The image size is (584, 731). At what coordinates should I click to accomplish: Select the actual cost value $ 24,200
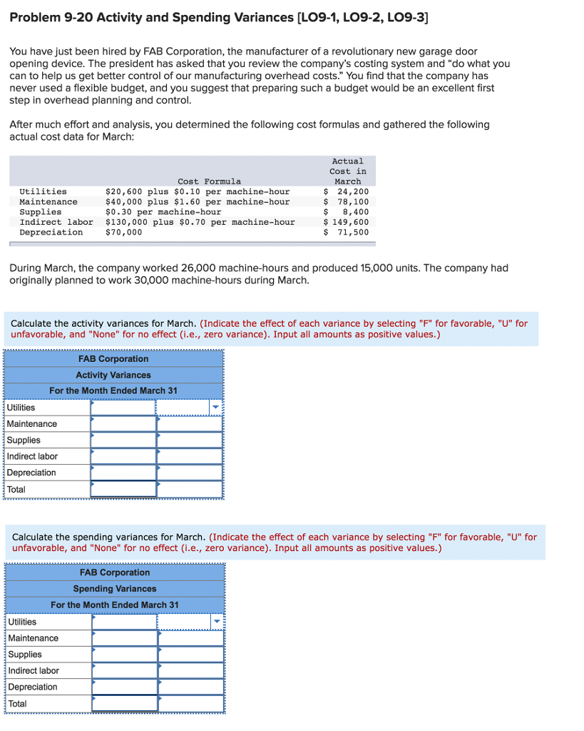347,191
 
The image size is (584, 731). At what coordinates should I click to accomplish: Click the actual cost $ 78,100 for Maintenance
347,202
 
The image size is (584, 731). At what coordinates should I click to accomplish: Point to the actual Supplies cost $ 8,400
347,212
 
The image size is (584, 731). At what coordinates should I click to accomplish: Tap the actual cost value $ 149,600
347,222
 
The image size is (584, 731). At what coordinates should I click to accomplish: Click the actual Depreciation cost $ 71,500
347,232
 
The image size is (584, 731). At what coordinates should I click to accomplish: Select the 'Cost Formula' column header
209,181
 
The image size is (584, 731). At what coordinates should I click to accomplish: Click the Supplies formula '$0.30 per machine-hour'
163,212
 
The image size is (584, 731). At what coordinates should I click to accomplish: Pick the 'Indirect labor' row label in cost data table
56,222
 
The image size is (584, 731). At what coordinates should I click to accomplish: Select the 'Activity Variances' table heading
113,375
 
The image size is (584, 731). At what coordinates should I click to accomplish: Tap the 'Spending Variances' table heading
114,589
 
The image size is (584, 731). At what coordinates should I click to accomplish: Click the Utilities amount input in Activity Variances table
123,408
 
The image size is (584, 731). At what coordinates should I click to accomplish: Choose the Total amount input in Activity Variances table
123,489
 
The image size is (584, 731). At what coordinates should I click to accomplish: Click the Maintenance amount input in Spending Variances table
125,638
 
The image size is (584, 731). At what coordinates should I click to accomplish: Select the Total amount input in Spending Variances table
125,703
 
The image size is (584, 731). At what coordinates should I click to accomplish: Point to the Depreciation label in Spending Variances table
33,687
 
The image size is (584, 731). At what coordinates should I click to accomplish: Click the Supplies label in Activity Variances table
24,440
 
